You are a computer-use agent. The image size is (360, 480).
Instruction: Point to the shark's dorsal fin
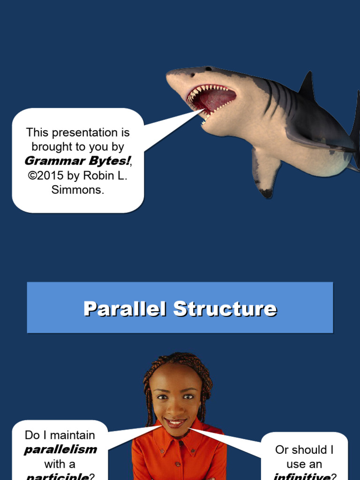click(307, 85)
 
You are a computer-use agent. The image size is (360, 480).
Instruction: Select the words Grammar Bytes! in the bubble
click(77, 161)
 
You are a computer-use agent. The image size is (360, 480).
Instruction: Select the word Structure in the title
click(225, 309)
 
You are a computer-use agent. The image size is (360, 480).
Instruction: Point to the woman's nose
click(175, 409)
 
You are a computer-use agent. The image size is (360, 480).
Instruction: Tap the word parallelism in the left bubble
click(60, 450)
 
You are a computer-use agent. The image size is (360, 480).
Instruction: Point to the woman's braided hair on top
click(177, 360)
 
